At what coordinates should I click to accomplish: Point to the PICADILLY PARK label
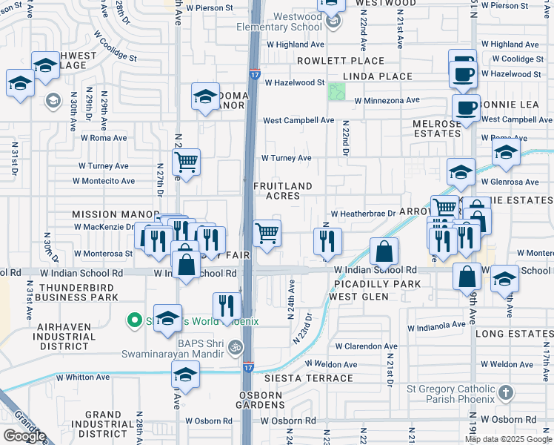point(377,284)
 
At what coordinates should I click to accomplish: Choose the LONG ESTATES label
point(512,334)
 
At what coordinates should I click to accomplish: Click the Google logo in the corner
point(24,435)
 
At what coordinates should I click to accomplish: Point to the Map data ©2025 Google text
point(509,438)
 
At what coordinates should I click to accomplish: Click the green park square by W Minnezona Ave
point(337,92)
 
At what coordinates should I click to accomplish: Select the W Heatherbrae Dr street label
point(363,214)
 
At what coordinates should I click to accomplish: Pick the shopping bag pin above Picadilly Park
point(384,252)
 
